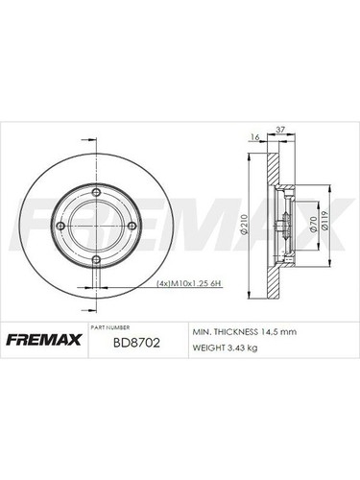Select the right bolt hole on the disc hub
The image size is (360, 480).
[131, 226]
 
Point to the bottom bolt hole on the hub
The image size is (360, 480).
[95, 261]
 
